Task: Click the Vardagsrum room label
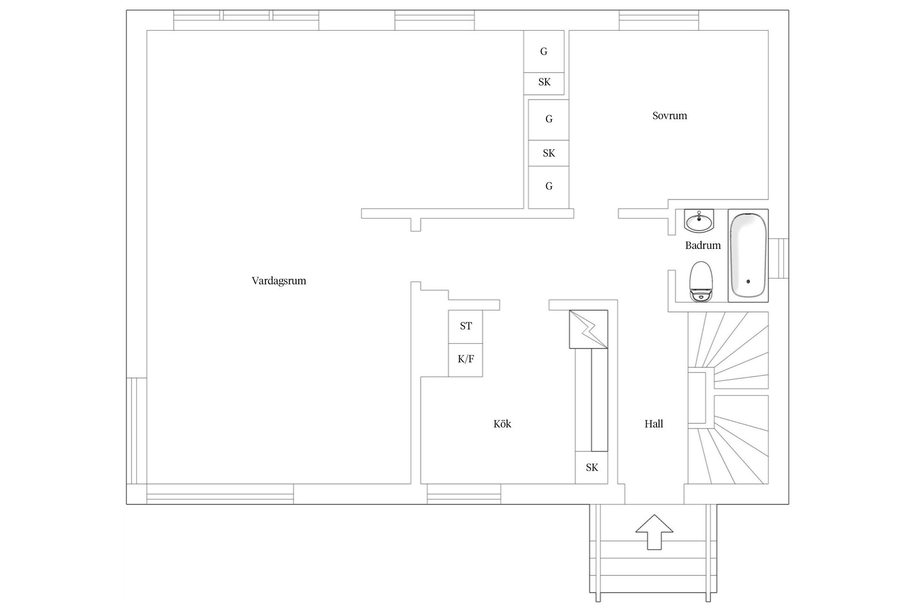point(279,281)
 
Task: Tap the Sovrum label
point(670,116)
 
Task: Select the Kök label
point(502,424)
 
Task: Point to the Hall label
point(654,424)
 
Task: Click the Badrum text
point(703,245)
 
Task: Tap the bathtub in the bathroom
point(748,255)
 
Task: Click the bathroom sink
point(699,221)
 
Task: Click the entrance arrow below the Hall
point(655,532)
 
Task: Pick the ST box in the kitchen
point(466,326)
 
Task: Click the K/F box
point(466,360)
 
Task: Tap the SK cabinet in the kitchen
point(592,468)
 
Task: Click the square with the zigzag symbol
point(589,329)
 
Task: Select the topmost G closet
point(544,51)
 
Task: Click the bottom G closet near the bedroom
point(549,187)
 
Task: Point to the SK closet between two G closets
point(549,153)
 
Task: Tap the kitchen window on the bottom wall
point(464,494)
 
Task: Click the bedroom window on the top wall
point(659,20)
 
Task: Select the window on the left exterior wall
point(137,431)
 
